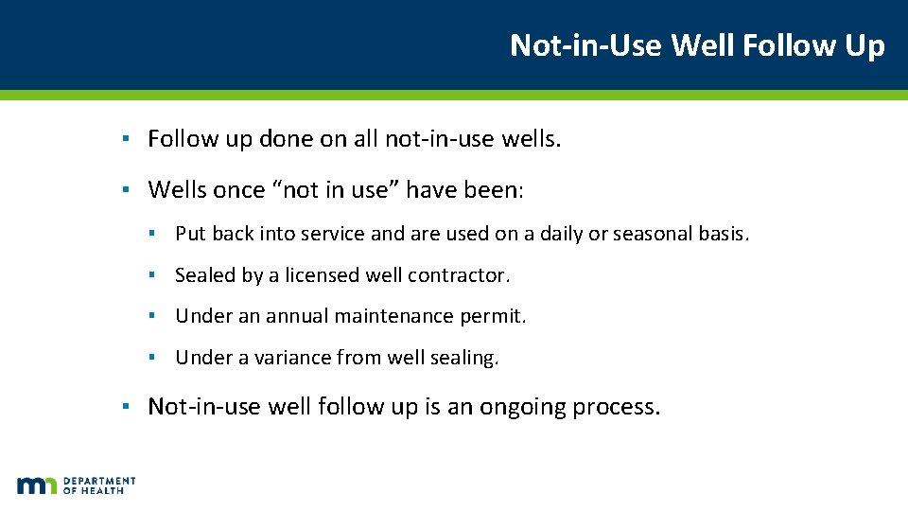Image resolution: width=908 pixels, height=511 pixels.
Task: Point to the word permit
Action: click(493, 316)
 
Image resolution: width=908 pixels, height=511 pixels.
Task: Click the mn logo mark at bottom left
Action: click(37, 485)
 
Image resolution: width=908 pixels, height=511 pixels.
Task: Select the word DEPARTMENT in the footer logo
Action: click(100, 481)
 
